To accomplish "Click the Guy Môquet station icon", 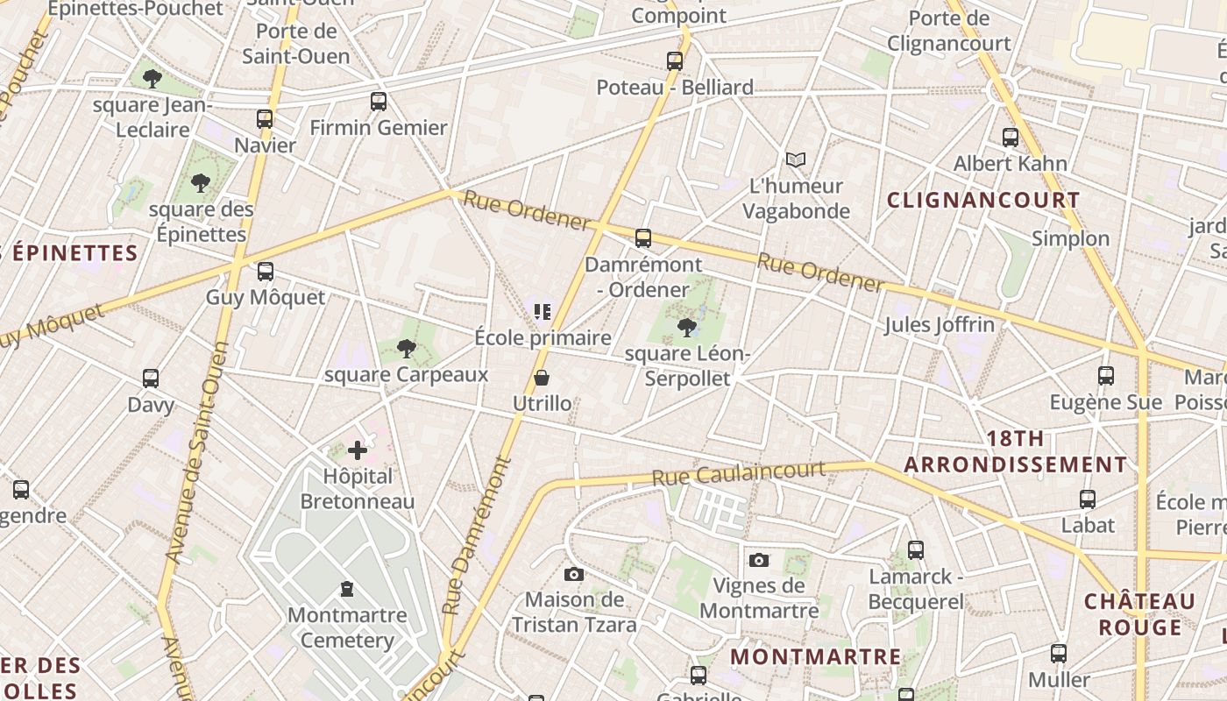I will click(266, 272).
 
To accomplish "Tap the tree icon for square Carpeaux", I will click(406, 349).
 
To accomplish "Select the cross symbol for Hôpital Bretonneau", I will click(358, 450).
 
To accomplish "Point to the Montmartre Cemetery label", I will click(347, 627).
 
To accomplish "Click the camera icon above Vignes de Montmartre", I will click(759, 560).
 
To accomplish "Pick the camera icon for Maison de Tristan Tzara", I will click(574, 574).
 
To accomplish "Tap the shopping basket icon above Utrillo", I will click(542, 378).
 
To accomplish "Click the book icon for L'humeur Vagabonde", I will click(795, 159).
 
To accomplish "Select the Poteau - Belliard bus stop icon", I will click(674, 61).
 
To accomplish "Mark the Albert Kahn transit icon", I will click(1011, 138).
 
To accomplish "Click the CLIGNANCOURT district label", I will click(983, 200).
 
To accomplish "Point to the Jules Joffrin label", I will click(940, 325).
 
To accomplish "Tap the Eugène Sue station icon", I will click(1106, 376).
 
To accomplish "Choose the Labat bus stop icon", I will click(1088, 499).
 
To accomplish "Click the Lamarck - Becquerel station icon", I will click(916, 550).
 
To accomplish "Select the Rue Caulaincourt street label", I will click(739, 473).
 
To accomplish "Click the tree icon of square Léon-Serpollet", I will click(687, 328).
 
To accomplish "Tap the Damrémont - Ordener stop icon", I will click(643, 238).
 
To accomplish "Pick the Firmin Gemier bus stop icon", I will click(379, 102).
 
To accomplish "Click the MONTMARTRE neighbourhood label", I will click(815, 656).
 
